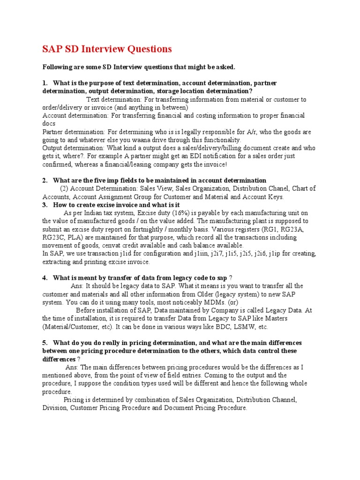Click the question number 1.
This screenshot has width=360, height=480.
pos(45,83)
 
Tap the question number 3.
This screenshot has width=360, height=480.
pos(45,205)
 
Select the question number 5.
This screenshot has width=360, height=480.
pos(45,343)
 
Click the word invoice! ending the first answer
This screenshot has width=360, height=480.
pos(214,164)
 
